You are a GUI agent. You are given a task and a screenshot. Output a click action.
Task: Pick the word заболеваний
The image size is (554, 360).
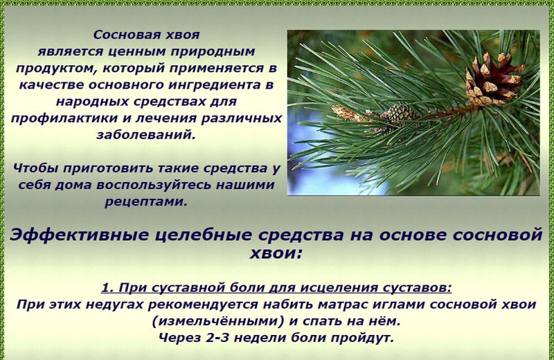click(x=146, y=135)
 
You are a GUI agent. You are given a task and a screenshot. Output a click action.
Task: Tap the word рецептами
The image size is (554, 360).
click(x=146, y=202)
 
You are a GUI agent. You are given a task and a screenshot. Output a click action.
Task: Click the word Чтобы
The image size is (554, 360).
click(x=36, y=168)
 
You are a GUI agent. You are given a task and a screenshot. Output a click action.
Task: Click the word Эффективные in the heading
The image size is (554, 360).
click(x=79, y=235)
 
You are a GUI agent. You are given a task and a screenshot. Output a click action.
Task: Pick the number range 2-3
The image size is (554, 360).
click(x=217, y=338)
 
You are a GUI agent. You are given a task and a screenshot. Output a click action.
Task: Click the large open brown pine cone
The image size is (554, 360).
click(x=493, y=80)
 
